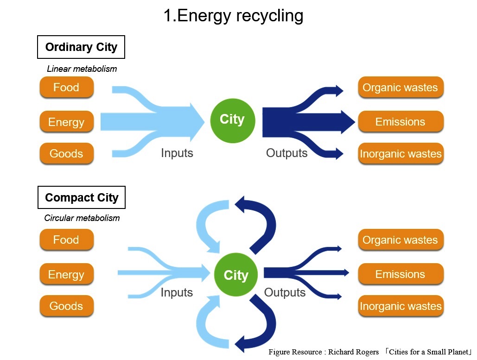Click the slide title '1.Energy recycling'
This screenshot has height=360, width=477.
[x=233, y=16]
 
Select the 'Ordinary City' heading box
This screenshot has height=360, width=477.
[x=81, y=47]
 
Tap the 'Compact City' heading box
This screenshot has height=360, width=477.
[x=82, y=197]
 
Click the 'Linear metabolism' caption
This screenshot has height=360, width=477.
[x=82, y=69]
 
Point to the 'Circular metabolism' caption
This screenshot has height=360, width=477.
[x=82, y=218]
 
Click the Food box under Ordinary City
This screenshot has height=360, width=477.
[x=66, y=87]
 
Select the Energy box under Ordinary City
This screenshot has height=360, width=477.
[x=66, y=121]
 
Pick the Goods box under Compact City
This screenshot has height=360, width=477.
[x=66, y=306]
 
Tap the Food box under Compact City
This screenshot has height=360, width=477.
[x=66, y=240]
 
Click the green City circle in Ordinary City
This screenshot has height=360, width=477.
[x=232, y=121]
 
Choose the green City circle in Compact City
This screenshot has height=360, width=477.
[x=236, y=275]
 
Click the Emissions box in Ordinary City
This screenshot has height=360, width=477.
[x=401, y=121]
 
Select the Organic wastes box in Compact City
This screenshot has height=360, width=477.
[x=401, y=240]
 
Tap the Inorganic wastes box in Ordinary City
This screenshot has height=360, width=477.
[x=401, y=153]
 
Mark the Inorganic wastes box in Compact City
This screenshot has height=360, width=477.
[x=401, y=306]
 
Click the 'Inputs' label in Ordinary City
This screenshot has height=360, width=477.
[x=177, y=153]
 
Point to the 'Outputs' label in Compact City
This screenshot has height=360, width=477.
[x=285, y=292]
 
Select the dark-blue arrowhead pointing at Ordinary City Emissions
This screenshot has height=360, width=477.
[x=348, y=122]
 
